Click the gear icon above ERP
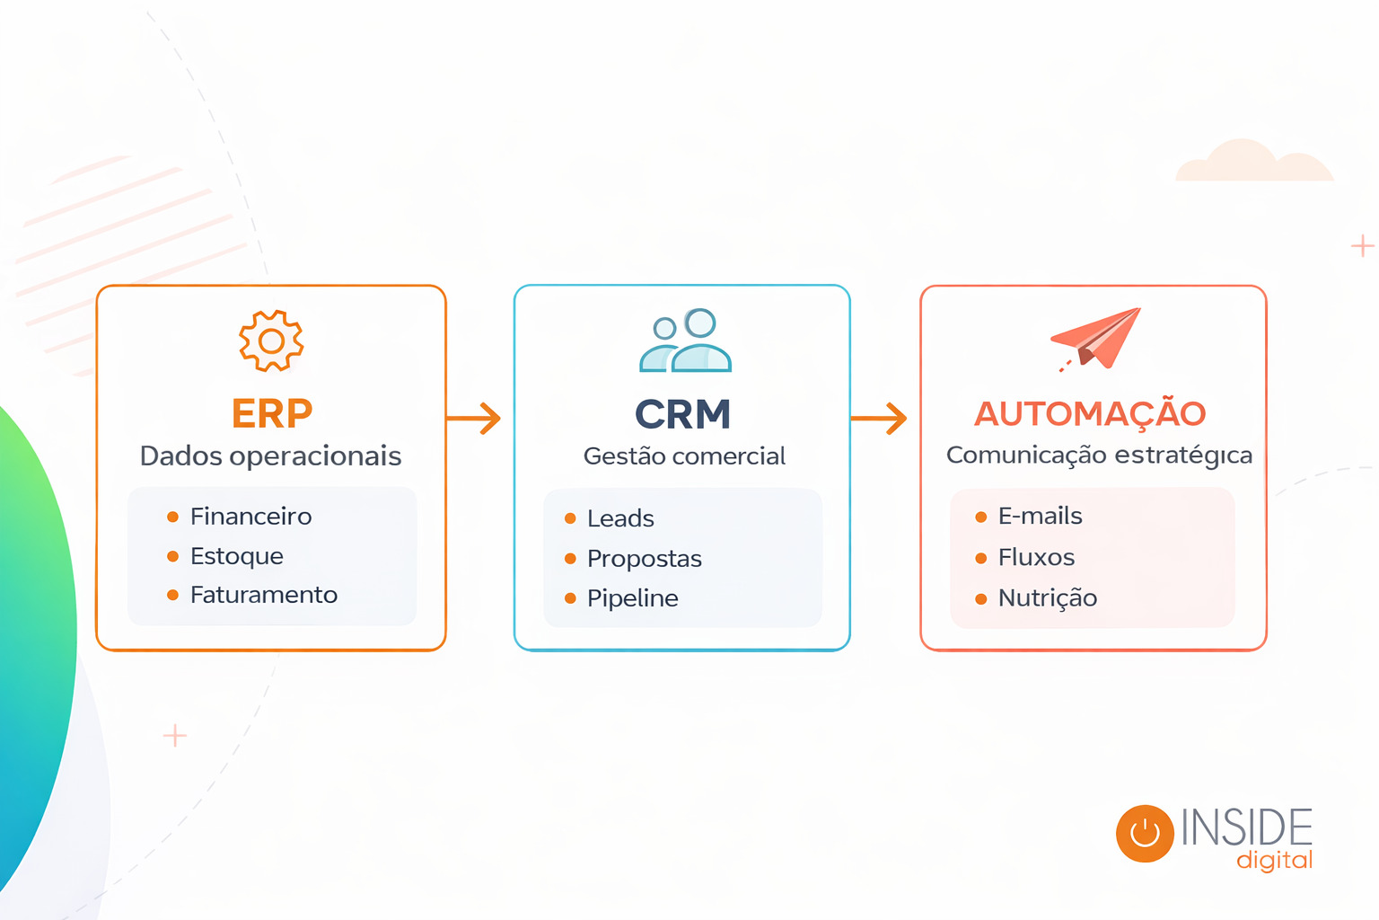(271, 341)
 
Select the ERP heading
(272, 414)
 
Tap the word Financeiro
(250, 517)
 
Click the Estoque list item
(236, 556)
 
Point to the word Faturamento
(263, 595)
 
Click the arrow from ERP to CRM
(474, 419)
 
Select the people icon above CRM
(685, 341)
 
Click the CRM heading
(683, 414)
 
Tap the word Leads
(620, 518)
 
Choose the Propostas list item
(644, 559)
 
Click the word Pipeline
(632, 598)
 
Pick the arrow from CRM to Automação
(879, 419)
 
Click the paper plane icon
(1097, 338)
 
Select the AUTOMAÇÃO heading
(1091, 414)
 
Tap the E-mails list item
(1040, 517)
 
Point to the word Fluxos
(1036, 558)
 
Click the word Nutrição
(1047, 598)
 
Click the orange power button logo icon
(1145, 833)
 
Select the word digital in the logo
(1274, 861)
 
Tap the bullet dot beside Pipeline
(570, 598)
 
